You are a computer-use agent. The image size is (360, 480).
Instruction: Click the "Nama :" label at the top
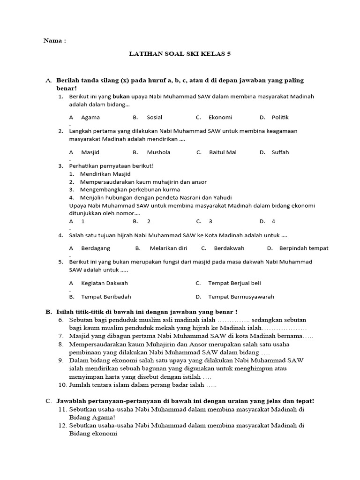pyautogui.click(x=55, y=41)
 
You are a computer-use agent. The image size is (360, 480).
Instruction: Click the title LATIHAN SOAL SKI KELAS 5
pyautogui.click(x=180, y=54)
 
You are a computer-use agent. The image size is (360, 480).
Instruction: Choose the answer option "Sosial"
pyautogui.click(x=155, y=117)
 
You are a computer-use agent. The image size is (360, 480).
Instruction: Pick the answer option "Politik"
pyautogui.click(x=280, y=117)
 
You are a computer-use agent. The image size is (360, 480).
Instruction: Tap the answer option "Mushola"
pyautogui.click(x=158, y=152)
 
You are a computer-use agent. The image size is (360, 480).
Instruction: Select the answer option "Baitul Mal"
pyautogui.click(x=223, y=152)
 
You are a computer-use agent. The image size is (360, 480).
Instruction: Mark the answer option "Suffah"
pyautogui.click(x=280, y=152)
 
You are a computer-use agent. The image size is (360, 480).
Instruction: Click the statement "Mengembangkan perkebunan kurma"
pyautogui.click(x=130, y=189)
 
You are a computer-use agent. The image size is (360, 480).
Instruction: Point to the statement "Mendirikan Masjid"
pyautogui.click(x=105, y=174)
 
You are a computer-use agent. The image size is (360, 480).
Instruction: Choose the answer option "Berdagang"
pyautogui.click(x=96, y=248)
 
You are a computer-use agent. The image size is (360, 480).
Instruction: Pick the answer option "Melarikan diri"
pyautogui.click(x=168, y=248)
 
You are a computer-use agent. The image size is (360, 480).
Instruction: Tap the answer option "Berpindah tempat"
pyautogui.click(x=304, y=248)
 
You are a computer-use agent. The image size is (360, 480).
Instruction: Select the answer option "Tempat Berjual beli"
pyautogui.click(x=234, y=283)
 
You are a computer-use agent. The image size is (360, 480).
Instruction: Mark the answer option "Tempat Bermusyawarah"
pyautogui.click(x=241, y=297)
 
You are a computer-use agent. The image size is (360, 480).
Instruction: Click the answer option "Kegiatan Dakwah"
pyautogui.click(x=105, y=283)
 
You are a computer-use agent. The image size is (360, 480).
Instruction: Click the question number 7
pyautogui.click(x=61, y=336)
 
